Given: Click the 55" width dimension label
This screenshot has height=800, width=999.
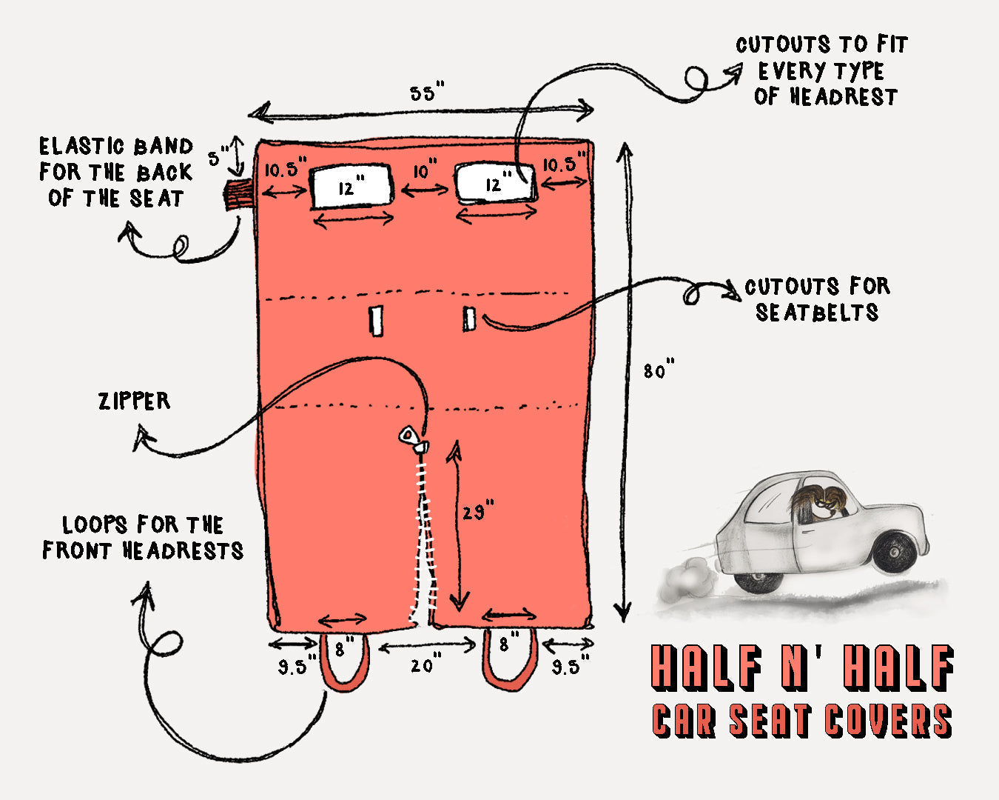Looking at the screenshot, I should click(428, 94).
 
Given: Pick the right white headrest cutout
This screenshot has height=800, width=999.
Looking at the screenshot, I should click(494, 184).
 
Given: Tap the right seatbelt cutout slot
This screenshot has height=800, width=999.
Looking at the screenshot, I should click(469, 319).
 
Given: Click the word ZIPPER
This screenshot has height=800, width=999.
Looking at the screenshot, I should click(134, 401).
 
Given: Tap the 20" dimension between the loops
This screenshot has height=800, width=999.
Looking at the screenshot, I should click(422, 666).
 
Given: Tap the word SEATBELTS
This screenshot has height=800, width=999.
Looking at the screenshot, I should click(817, 313).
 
